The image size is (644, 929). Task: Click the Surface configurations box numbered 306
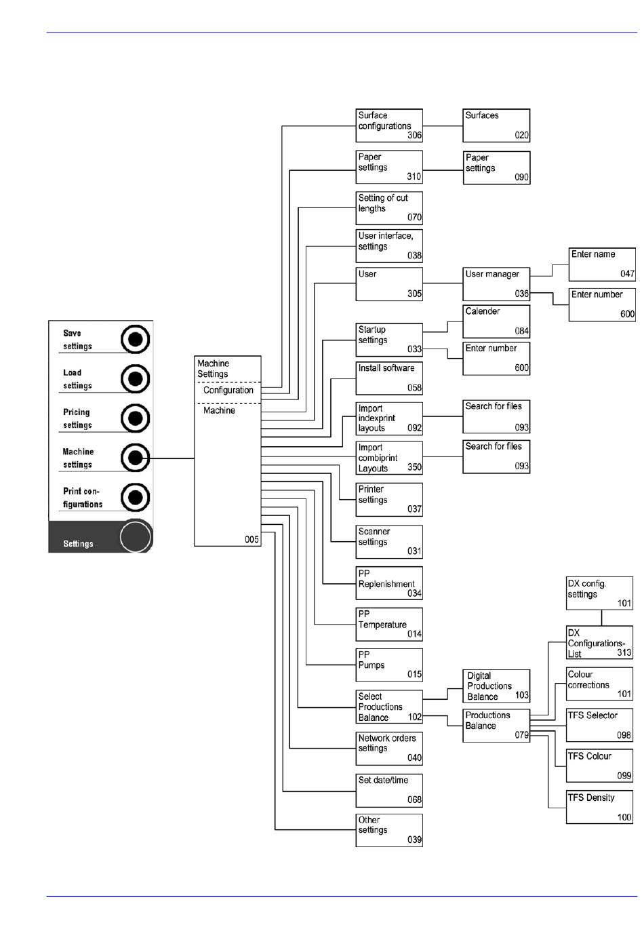pos(389,125)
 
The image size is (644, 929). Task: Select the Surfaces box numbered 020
pos(496,125)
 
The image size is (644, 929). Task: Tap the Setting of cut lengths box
pos(389,207)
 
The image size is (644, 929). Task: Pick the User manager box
pos(496,284)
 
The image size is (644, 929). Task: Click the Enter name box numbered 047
pos(602,264)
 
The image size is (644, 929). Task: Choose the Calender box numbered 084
pos(496,321)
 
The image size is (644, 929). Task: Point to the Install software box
pos(389,378)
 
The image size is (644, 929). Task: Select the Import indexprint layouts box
pos(389,418)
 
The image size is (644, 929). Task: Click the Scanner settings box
pos(389,542)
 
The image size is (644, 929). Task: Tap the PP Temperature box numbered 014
pos(389,624)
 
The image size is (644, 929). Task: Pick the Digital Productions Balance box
pos(496,686)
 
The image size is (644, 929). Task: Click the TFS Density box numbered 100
pos(599,807)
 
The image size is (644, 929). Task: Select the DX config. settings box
pos(599,593)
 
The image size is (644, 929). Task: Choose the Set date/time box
pos(389,790)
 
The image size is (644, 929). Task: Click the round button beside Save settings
pos(136,338)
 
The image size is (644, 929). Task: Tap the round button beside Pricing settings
pos(136,418)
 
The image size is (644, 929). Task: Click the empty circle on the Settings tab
pos(135,536)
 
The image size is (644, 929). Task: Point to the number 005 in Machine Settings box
pos(251,540)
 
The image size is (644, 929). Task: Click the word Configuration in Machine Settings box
pos(228,391)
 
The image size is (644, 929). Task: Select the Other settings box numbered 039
pos(389,830)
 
